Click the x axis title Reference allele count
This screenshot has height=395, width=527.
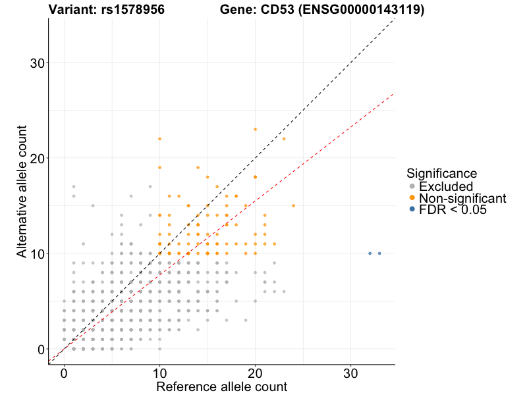point(221,386)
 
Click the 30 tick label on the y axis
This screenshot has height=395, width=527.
point(38,63)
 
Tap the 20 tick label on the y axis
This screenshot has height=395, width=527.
point(38,159)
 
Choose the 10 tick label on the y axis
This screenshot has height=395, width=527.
point(38,254)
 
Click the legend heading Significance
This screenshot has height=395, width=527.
point(441,174)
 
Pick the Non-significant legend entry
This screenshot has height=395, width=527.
point(462,198)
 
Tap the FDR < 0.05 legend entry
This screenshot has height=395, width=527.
point(452,210)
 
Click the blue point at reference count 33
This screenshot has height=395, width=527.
point(379,253)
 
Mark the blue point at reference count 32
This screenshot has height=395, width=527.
point(370,253)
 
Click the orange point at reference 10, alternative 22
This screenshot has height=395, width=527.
point(159,139)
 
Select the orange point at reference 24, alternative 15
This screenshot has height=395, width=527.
point(293,205)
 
